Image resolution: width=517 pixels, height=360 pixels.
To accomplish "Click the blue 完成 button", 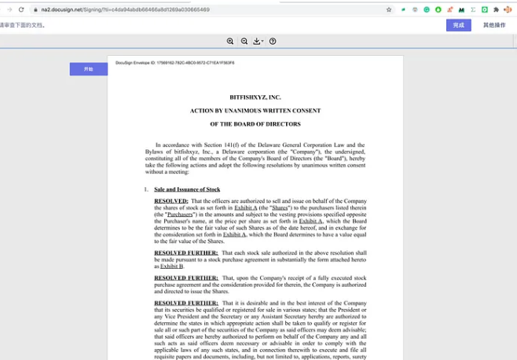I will pos(459,25).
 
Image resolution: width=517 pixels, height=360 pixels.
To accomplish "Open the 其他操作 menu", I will pos(494,25).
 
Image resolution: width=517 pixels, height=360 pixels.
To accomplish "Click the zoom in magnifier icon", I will pos(230,41).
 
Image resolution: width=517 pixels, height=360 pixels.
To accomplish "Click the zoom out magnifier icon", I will pos(244,41).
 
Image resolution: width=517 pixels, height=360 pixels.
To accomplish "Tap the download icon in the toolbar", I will pos(257,41).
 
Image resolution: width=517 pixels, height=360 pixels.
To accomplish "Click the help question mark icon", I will pos(273,41).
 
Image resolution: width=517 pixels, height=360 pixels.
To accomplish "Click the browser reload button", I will pos(21,9).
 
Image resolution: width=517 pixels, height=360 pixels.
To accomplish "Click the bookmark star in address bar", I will pos(388,9).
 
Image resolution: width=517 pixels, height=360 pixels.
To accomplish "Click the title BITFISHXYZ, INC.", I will pos(255,97).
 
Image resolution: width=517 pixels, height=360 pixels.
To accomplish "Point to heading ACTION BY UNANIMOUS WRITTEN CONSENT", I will pos(255,111).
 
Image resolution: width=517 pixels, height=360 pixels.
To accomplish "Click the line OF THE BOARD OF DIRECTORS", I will pos(255,124).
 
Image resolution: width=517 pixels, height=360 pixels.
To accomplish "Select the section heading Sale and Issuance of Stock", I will pos(187,189).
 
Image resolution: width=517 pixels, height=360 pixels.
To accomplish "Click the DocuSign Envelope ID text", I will pos(174,63).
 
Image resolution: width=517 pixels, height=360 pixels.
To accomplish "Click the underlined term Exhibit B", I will pos(171,266).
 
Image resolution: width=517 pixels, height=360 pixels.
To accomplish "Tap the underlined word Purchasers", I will pos(180,215).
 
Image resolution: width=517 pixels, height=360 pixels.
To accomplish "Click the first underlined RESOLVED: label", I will pos(170,201).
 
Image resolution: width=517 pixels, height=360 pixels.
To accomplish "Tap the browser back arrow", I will pos(9,9).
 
